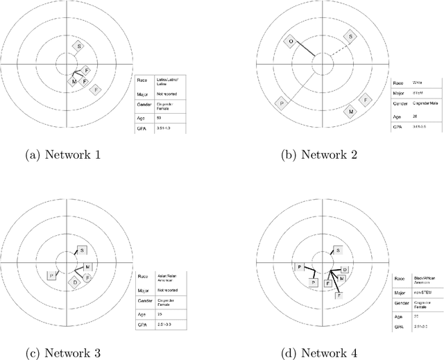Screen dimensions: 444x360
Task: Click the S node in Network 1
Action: tap(79, 46)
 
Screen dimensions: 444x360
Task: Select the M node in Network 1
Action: tap(74, 82)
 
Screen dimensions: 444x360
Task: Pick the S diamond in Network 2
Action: tap(351, 37)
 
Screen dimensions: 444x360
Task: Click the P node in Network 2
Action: tap(282, 103)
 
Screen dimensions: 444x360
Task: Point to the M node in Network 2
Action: tap(352, 111)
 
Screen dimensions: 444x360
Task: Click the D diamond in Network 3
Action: tap(75, 282)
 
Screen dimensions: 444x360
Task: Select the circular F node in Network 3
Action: tap(87, 277)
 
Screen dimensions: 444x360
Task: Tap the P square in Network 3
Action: tap(50, 275)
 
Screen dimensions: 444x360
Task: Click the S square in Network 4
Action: tap(338, 250)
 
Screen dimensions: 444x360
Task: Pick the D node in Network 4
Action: tap(345, 269)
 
